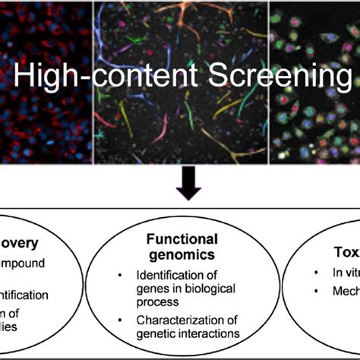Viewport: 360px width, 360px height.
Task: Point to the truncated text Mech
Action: click(x=342, y=291)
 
